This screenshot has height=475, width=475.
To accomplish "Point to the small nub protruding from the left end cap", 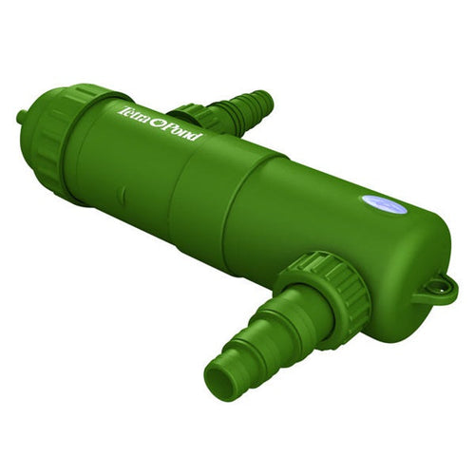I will [x=21, y=117].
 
